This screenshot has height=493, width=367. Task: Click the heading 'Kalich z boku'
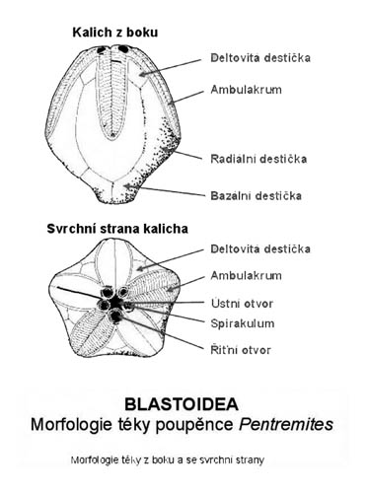(114, 34)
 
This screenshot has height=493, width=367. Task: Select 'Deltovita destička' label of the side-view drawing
(262, 58)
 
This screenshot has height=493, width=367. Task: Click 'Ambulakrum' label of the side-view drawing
(247, 89)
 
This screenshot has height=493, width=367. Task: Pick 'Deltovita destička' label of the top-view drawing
(262, 248)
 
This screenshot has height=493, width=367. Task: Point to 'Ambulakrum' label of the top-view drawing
(247, 276)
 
